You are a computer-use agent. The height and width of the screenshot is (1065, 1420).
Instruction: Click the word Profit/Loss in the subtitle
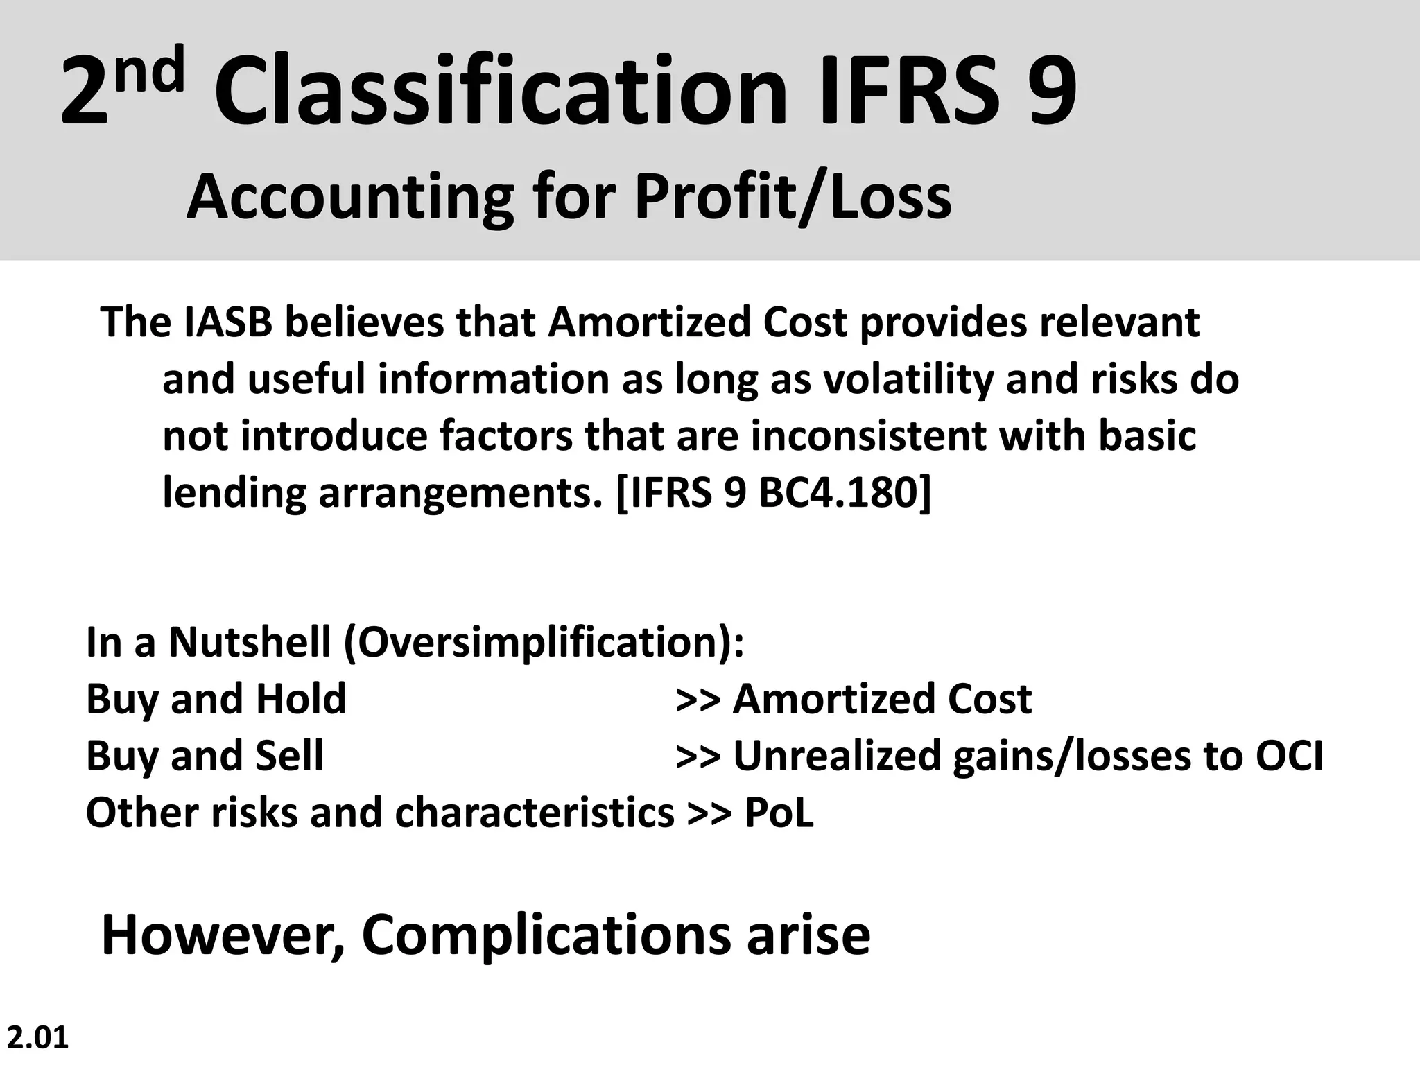793,198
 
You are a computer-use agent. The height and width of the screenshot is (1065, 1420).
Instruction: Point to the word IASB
228,322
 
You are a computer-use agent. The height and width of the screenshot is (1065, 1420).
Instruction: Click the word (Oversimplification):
544,643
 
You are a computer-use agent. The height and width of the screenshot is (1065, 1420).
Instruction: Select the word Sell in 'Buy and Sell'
289,755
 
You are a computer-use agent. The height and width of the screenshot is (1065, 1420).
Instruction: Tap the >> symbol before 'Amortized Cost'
698,700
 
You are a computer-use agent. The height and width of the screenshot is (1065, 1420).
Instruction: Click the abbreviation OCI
1289,755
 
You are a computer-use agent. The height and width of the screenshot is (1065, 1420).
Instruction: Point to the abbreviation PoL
779,813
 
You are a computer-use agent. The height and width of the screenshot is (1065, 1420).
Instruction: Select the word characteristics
534,813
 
